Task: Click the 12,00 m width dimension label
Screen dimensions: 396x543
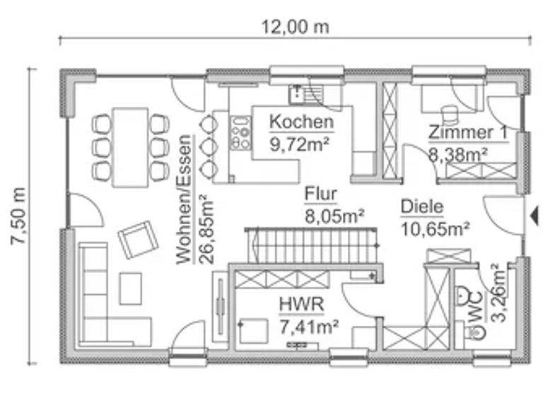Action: coord(296,27)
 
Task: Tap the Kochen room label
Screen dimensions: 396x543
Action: coord(301,122)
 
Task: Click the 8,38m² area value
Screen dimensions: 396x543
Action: coord(457,153)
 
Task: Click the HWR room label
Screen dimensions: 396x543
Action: coord(301,305)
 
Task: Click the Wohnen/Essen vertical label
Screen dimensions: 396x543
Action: coord(185,199)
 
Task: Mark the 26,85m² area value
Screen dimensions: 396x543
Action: coord(206,228)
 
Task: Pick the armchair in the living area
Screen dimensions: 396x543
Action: coord(138,239)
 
